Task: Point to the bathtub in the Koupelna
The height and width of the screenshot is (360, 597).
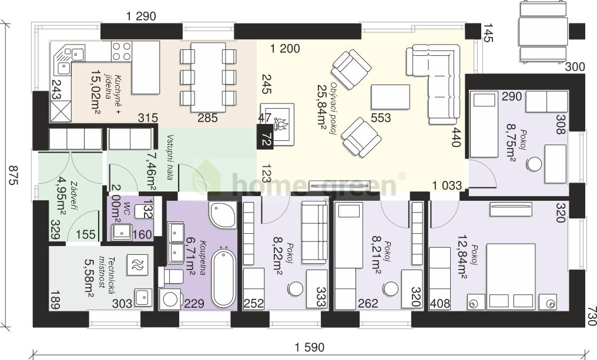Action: point(223,278)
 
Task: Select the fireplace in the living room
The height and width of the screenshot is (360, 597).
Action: point(278,123)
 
